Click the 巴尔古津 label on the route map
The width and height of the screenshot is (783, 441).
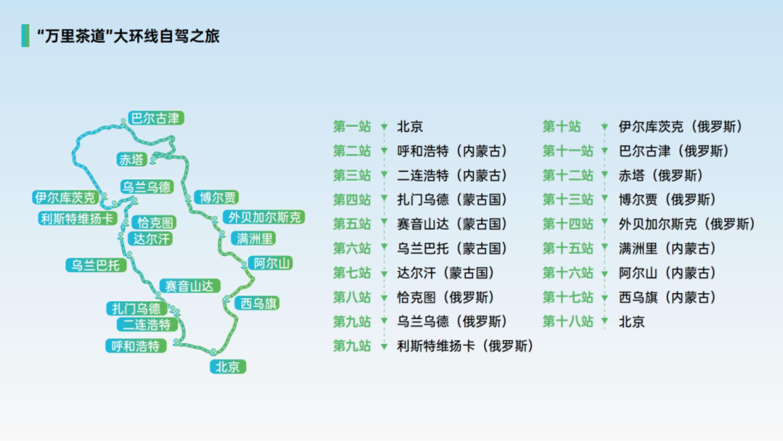pyautogui.click(x=156, y=118)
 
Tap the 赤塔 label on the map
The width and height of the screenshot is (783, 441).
pyautogui.click(x=131, y=160)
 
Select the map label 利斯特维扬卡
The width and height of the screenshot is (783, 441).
pyautogui.click(x=77, y=218)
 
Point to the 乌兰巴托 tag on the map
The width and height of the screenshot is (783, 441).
pyautogui.click(x=96, y=265)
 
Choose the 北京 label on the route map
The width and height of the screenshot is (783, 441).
pyautogui.click(x=228, y=367)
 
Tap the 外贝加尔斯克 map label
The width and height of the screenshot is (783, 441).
pyautogui.click(x=264, y=217)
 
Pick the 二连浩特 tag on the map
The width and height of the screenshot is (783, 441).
pyautogui.click(x=147, y=325)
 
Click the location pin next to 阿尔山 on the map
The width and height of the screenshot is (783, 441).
pyautogui.click(x=244, y=265)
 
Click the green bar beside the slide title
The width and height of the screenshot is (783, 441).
pyautogui.click(x=25, y=36)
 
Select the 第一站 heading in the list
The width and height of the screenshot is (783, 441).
pyautogui.click(x=352, y=126)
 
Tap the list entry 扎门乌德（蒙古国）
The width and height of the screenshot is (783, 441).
pyautogui.click(x=452, y=199)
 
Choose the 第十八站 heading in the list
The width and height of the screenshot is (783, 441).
pyautogui.click(x=568, y=321)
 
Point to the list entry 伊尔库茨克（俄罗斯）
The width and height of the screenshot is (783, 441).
pyautogui.click(x=681, y=126)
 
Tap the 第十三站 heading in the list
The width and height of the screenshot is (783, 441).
pyautogui.click(x=568, y=199)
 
